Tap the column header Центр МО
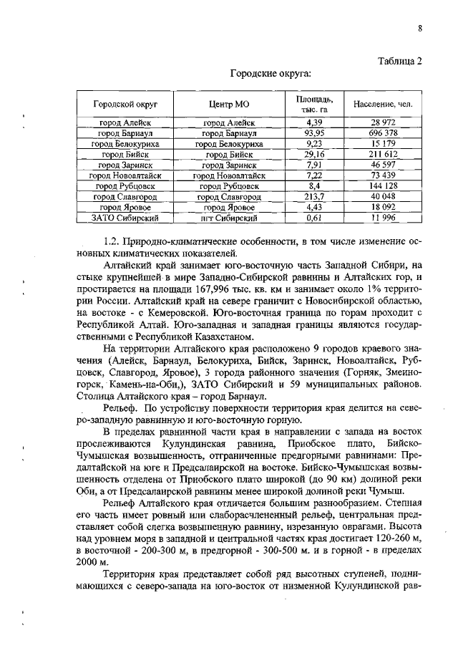tap(228, 104)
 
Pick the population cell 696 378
tap(383, 133)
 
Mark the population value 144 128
tap(383, 185)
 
